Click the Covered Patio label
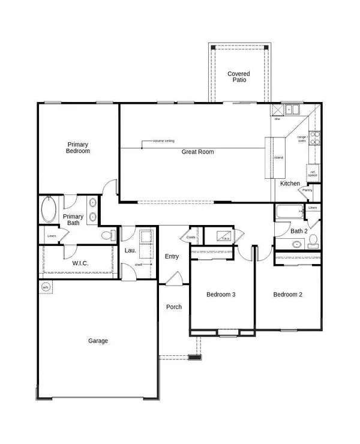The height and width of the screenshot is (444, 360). point(238,77)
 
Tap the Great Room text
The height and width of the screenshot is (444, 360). point(198,152)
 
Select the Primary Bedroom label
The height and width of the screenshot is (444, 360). point(78,148)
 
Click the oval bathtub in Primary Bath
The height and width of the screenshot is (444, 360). point(49,211)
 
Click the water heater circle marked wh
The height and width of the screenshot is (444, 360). point(45,287)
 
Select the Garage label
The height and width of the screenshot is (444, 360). point(98,341)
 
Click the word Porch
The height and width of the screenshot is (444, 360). point(174,307)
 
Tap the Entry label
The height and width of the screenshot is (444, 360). point(172,256)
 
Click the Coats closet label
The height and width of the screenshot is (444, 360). point(191,237)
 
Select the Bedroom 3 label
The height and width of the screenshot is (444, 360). point(221,295)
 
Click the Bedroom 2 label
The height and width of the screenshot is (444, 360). point(288,295)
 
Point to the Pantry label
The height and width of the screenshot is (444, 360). point(307,190)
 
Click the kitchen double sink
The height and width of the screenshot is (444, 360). point(292,110)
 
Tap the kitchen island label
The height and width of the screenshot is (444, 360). point(279,158)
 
